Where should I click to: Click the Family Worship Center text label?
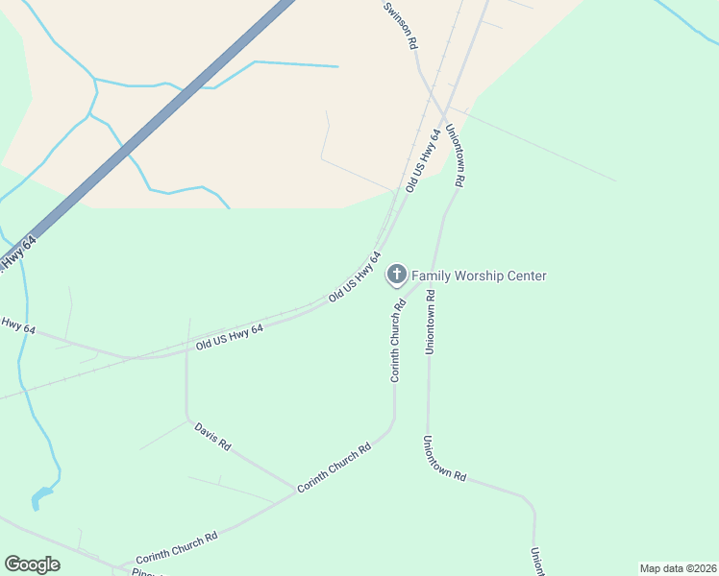click(479, 276)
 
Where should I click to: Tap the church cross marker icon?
click(395, 276)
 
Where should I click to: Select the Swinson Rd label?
click(400, 25)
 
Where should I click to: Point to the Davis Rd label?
click(212, 437)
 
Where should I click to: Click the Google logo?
click(32, 564)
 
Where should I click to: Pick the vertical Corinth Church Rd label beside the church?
click(396, 341)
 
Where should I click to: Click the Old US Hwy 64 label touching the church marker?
click(355, 277)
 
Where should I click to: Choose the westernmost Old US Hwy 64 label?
click(229, 336)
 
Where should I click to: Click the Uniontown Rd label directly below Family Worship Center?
click(431, 320)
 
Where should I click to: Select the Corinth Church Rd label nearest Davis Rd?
click(334, 468)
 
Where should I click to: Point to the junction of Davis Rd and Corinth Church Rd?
click(296, 489)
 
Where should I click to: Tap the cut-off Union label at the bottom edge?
click(536, 563)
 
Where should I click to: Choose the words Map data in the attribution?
click(660, 568)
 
